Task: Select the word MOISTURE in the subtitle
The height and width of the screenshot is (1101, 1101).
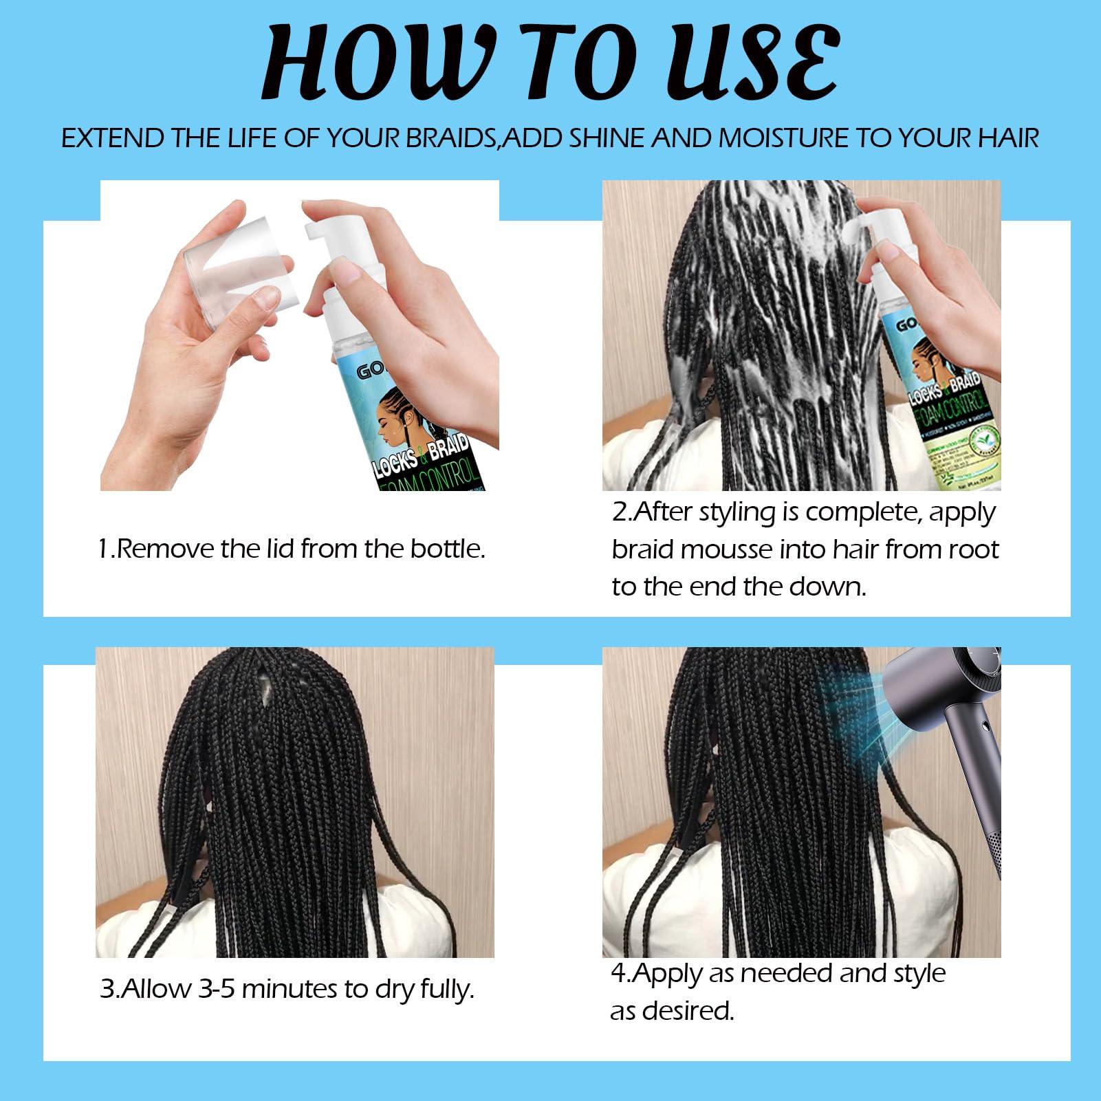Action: pos(781,138)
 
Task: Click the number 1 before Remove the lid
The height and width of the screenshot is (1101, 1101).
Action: pos(102,549)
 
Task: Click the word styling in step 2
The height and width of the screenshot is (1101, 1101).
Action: pos(739,513)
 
